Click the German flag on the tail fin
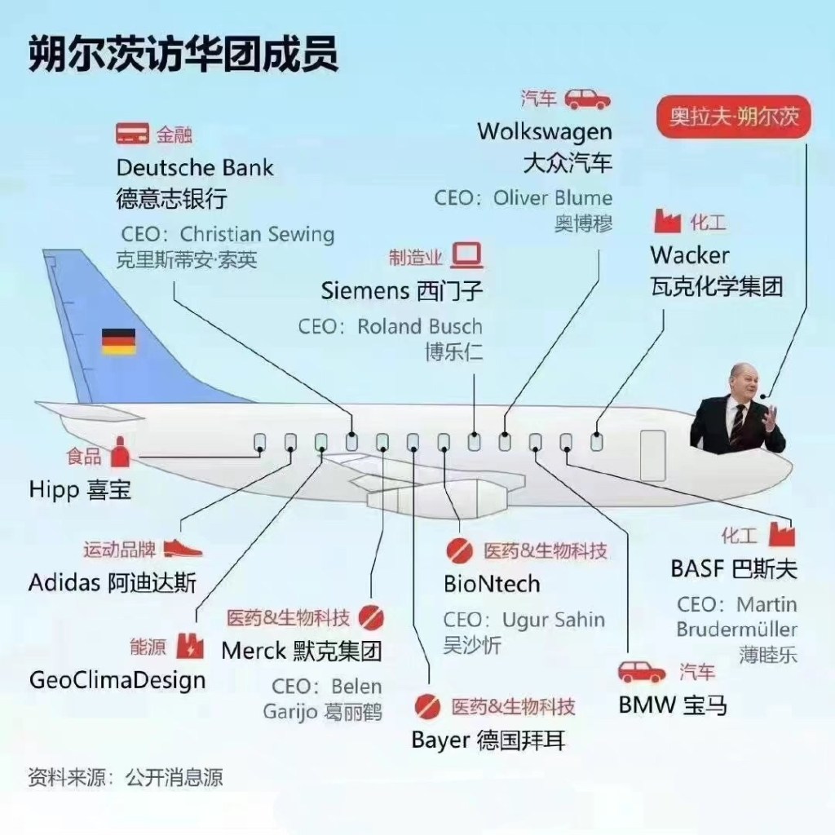pos(118,341)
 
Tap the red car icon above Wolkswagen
pos(588,99)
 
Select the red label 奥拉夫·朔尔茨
pos(735,117)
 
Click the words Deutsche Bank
pos(195,168)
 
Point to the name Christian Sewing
pos(257,235)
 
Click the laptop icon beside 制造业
pos(468,255)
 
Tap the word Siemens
pos(364,290)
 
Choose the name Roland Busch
pos(419,327)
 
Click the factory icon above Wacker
pos(667,221)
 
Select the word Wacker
pos(690,255)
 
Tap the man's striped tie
pos(738,424)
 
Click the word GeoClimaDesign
pos(117,679)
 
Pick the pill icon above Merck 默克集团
pos(371,617)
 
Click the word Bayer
pos(440,740)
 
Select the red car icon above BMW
pos(642,672)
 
